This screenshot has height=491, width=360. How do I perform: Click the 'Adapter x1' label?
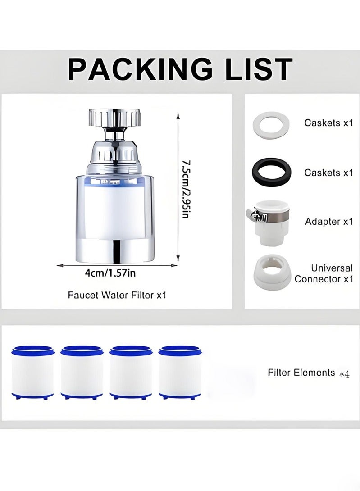click(x=328, y=222)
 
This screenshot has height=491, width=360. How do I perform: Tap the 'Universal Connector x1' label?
click(x=324, y=274)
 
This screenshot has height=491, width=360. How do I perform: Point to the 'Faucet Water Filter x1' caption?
click(x=117, y=296)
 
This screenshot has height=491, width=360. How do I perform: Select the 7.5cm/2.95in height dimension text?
click(x=185, y=188)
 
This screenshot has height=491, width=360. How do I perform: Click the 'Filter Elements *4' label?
click(x=309, y=373)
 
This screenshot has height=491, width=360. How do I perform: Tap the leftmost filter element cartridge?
click(x=33, y=372)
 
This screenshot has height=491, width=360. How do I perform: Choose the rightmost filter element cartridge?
click(x=179, y=372)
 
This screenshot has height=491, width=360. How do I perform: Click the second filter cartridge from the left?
click(x=82, y=372)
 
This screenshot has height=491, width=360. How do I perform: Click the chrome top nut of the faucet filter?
click(x=115, y=118)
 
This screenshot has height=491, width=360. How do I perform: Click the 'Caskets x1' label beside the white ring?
click(x=328, y=123)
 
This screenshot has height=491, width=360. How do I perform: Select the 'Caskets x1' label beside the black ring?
click(x=328, y=173)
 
